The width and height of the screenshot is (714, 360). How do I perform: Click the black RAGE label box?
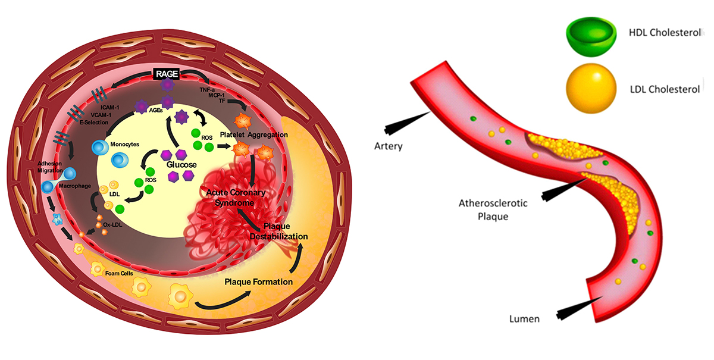point(167,74)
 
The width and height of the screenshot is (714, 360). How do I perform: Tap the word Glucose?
point(181,165)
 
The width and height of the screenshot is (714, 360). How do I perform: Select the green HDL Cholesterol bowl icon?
point(591,37)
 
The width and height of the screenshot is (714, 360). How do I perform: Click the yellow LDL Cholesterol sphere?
point(591,88)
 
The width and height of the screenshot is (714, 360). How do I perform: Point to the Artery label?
point(388,146)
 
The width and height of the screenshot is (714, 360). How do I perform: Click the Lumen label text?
point(524,319)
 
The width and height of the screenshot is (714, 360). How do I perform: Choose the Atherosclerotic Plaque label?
point(493,210)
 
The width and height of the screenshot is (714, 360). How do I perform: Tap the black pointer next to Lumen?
point(580,308)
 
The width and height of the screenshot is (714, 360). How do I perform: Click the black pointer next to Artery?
point(408,123)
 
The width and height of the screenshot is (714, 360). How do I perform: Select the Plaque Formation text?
point(258,282)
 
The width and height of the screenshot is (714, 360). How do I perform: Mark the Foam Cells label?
point(119,273)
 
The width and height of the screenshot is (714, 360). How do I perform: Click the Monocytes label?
point(124,144)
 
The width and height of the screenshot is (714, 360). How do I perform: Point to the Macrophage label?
point(75,186)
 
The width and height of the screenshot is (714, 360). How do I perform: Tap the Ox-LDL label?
point(112,224)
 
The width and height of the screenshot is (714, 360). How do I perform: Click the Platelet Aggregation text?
point(253,135)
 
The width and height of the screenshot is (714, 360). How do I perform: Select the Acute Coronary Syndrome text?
point(236,198)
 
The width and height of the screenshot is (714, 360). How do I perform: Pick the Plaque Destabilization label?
point(278,231)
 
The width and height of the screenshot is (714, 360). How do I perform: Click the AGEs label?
point(156,110)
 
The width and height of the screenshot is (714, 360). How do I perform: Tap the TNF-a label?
point(207,90)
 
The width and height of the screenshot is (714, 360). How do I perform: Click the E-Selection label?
point(94,123)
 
